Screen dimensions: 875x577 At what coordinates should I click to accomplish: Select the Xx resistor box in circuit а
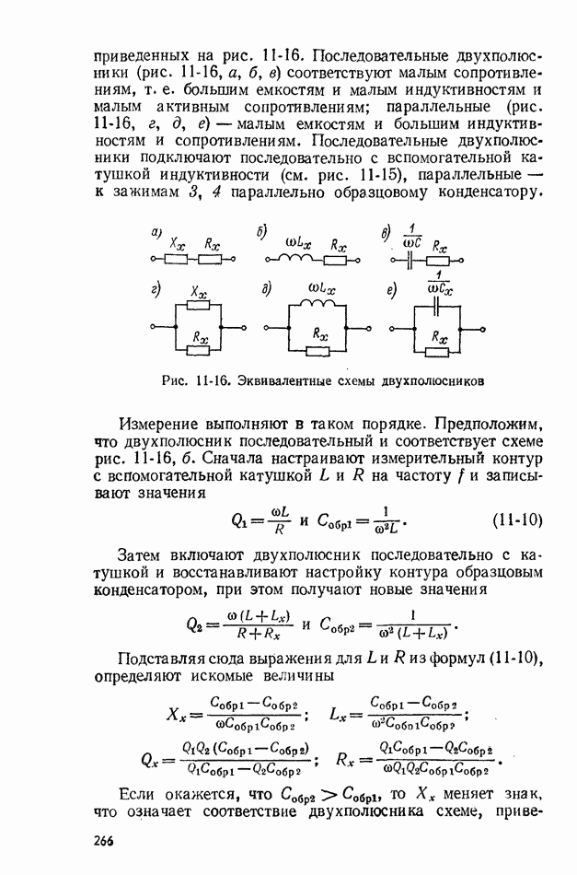179,261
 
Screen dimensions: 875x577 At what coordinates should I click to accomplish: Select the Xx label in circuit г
198,291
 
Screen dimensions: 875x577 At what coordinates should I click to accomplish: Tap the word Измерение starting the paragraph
158,423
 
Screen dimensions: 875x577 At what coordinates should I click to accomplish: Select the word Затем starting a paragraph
140,555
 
